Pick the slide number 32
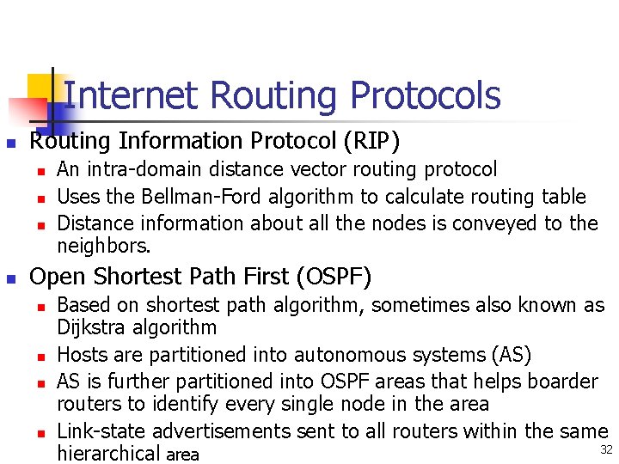click(x=606, y=450)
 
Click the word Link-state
click(x=96, y=430)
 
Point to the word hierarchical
click(x=108, y=454)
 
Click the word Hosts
click(x=81, y=354)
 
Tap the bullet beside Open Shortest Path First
click(x=10, y=278)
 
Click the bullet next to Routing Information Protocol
click(x=10, y=142)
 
